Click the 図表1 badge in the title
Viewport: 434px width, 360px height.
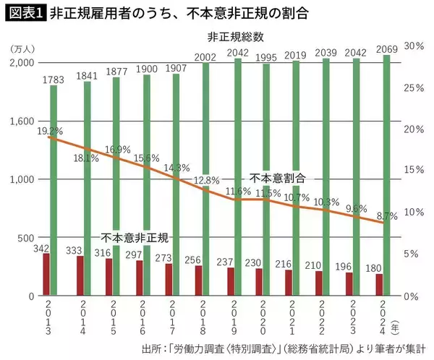[x=25, y=13]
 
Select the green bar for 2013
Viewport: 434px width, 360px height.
[x=54, y=188]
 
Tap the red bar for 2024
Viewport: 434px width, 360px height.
[x=379, y=285]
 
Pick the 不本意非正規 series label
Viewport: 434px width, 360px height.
[x=134, y=237]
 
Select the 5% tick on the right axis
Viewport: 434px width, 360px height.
[x=414, y=254]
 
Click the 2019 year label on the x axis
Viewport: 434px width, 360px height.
[x=241, y=317]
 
